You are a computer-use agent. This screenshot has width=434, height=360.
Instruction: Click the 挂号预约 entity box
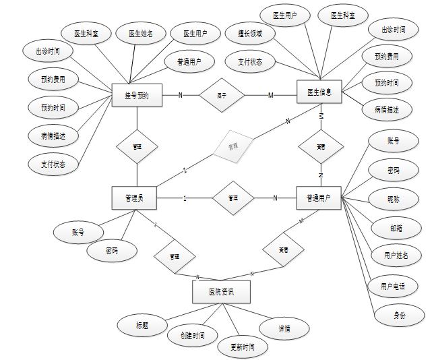137,96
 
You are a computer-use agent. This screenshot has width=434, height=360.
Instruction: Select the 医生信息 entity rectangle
319,92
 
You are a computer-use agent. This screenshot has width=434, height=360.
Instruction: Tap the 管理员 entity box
133,198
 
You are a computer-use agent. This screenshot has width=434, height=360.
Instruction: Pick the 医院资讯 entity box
221,292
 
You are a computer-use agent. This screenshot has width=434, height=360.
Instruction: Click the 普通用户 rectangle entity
319,198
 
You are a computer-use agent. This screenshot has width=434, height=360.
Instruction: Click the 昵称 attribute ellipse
394,200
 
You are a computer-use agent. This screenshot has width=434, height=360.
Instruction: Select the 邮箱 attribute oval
394,228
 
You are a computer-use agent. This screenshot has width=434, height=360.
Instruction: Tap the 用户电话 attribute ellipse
393,286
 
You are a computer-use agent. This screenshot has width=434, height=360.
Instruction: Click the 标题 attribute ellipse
142,325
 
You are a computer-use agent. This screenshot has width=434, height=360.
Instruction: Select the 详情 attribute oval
284,329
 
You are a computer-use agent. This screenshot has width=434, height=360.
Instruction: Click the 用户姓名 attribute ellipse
396,256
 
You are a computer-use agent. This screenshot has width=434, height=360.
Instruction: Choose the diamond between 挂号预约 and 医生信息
221,95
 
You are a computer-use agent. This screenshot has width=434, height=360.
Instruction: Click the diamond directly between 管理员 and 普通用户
232,198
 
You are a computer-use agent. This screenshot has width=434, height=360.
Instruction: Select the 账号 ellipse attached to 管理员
77,233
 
